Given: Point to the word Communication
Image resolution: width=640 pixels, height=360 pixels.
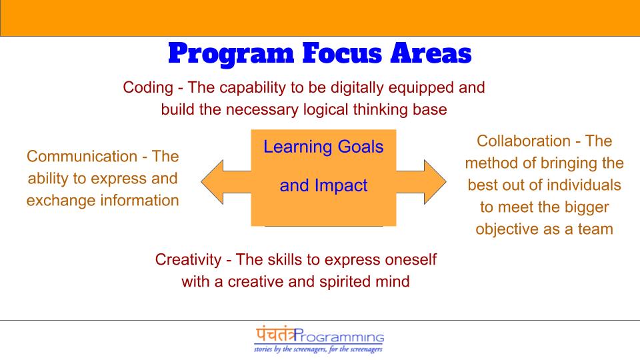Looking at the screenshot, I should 81,157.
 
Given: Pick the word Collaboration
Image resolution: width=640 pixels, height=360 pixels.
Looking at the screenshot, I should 523,141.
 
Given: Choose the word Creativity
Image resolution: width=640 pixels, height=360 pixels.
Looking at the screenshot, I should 187,259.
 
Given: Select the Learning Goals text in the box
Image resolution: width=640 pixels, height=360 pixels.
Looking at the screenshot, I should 323,147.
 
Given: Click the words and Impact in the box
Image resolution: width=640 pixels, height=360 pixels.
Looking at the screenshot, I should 323,185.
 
